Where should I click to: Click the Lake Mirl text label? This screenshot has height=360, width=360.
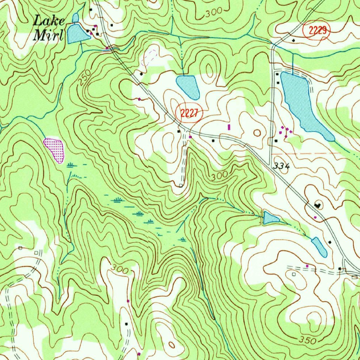[x=49, y=28]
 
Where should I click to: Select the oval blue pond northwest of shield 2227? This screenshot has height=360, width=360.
[x=188, y=86]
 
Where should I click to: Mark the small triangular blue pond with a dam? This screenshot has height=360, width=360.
[x=270, y=218]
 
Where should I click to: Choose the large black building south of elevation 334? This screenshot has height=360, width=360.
[x=319, y=205]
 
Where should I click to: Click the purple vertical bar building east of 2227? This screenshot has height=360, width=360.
[x=230, y=127]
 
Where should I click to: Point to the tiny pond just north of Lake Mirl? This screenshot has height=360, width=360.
[x=75, y=17]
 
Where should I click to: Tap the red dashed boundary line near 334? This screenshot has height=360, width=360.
[x=306, y=154]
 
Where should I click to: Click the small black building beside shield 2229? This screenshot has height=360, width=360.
[x=294, y=40]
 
